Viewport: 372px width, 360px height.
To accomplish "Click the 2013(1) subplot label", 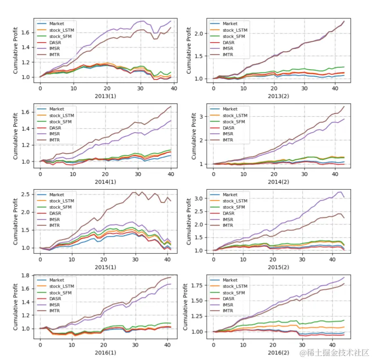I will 105,94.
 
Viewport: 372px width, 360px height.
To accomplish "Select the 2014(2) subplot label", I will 279,180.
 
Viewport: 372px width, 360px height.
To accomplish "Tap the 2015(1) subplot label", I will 105,266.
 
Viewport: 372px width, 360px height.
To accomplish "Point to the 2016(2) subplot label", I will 279,351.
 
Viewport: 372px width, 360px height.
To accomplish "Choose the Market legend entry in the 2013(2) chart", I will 229,23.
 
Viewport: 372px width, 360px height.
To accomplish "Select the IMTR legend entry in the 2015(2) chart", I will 229,225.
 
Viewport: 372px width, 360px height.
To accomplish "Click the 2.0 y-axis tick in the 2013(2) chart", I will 200,33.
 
